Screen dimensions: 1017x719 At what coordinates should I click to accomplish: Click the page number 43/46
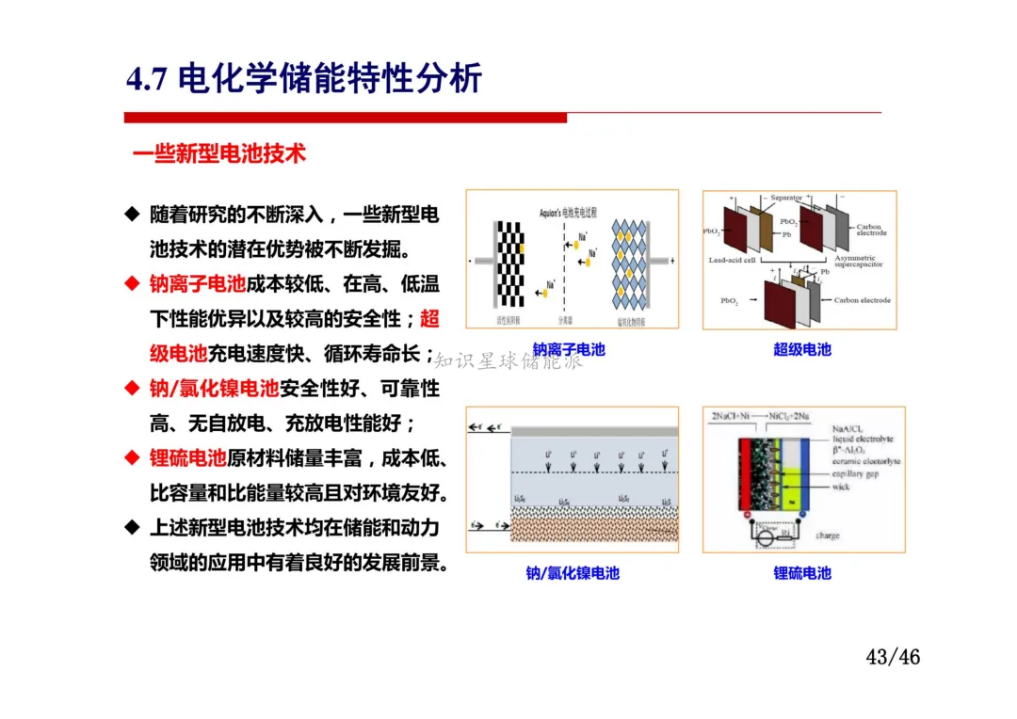coord(893,656)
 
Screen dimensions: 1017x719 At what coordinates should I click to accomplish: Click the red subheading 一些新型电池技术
coord(219,153)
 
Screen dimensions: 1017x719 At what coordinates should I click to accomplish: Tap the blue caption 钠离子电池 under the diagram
coord(569,350)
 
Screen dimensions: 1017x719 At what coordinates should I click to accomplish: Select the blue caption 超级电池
coord(802,350)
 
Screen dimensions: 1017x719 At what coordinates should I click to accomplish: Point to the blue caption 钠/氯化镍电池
coord(573,573)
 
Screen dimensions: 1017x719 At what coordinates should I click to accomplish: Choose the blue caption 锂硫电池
coord(802,573)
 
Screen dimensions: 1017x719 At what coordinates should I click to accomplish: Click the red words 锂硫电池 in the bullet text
coord(188,458)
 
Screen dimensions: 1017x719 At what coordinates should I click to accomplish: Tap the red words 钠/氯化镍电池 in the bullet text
coord(215,388)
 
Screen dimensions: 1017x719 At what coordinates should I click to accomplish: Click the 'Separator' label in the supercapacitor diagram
coord(786,198)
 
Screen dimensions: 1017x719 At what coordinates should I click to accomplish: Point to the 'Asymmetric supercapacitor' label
coord(855,261)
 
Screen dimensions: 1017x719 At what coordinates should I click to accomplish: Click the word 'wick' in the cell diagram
coord(841,487)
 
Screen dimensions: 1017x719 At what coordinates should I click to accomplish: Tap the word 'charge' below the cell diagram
coord(828,535)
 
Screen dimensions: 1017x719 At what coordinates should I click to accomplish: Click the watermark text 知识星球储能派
coord(509,361)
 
